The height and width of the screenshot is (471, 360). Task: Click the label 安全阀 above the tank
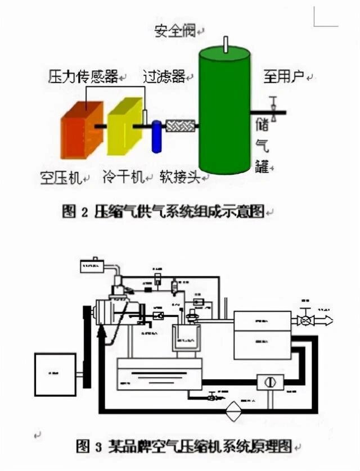174,31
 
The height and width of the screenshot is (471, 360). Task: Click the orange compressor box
81,130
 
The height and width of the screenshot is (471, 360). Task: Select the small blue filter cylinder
156,135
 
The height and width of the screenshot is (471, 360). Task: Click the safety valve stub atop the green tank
225,43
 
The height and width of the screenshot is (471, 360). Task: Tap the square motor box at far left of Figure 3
55,374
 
